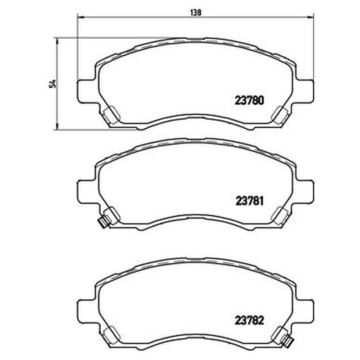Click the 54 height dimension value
coord(53,84)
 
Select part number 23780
coord(249,100)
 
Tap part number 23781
coord(249,201)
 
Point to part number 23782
coord(249,320)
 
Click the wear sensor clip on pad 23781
coord(103,222)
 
